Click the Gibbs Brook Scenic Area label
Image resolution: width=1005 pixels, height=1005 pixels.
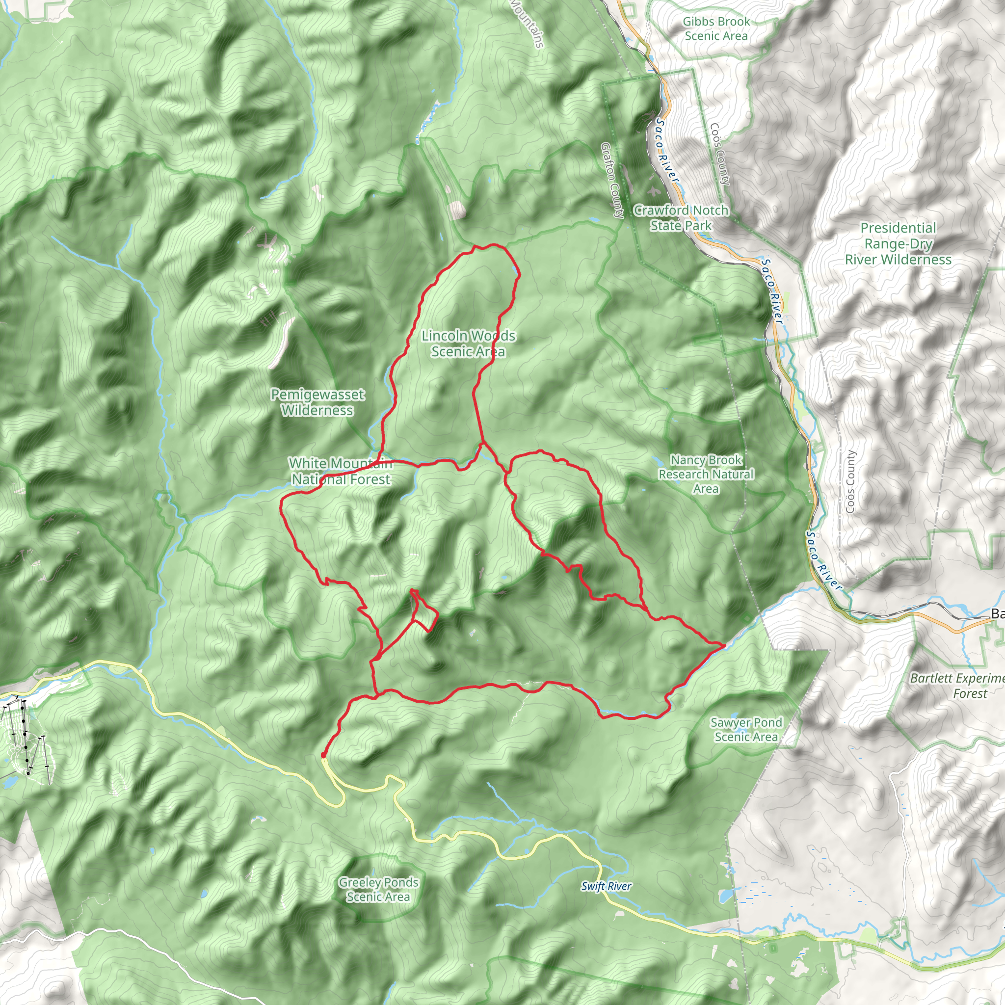pyautogui.click(x=716, y=28)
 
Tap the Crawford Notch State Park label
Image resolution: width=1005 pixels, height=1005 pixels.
pyautogui.click(x=681, y=217)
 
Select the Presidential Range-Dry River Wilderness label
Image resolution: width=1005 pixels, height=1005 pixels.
pyautogui.click(x=898, y=243)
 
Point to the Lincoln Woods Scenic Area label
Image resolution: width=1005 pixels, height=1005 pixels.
pyautogui.click(x=468, y=344)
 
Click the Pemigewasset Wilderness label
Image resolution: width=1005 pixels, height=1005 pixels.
pyautogui.click(x=317, y=402)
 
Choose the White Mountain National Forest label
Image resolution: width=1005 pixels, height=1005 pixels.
pyautogui.click(x=340, y=471)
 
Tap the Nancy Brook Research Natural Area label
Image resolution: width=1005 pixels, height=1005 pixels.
pyautogui.click(x=705, y=474)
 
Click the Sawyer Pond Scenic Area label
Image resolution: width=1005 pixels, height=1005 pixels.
pyautogui.click(x=746, y=729)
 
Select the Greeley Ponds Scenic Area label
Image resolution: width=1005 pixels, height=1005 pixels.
pyautogui.click(x=378, y=889)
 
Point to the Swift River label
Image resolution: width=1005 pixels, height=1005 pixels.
pyautogui.click(x=606, y=886)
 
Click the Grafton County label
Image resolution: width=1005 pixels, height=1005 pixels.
pyautogui.click(x=612, y=180)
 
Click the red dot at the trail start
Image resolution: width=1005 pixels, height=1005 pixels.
pyautogui.click(x=323, y=755)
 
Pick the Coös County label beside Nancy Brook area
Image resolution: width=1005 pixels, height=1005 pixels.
pyautogui.click(x=850, y=481)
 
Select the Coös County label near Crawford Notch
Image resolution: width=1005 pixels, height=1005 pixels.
pyautogui.click(x=720, y=154)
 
